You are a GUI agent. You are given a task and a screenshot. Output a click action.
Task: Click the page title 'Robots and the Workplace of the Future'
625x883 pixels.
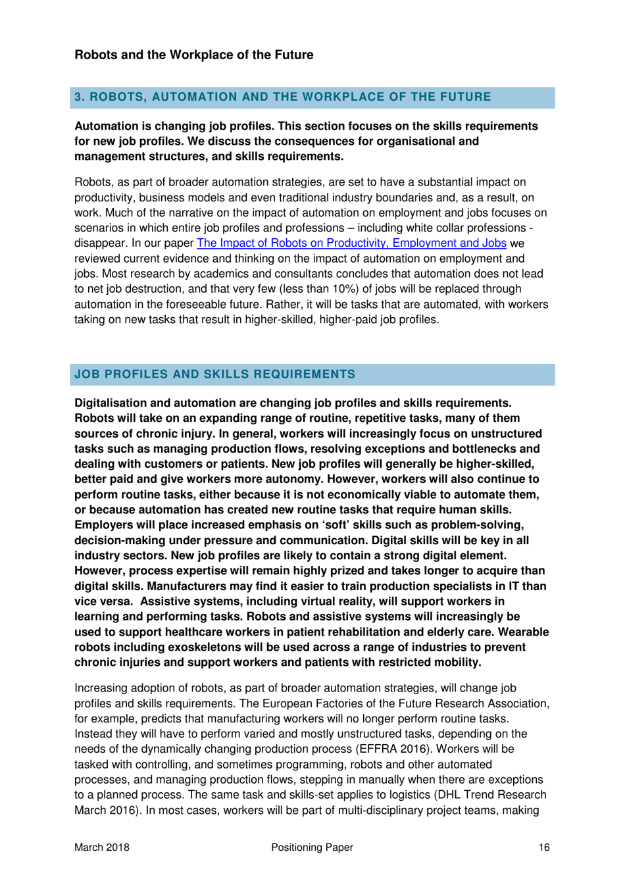pos(193,55)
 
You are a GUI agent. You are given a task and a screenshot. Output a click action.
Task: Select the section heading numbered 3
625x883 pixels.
pos(282,97)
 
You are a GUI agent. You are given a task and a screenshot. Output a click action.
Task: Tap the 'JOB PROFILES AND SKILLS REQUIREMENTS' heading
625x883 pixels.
pos(214,374)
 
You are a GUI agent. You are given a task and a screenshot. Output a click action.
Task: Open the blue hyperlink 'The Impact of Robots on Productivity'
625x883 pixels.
pos(351,243)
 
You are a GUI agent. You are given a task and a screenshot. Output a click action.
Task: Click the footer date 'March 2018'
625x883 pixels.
pos(102,847)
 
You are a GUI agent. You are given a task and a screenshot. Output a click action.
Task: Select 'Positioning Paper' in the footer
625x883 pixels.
pos(312,847)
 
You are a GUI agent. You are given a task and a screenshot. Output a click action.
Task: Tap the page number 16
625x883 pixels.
pos(543,847)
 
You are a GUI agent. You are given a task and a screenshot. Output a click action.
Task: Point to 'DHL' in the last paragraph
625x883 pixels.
pos(457,795)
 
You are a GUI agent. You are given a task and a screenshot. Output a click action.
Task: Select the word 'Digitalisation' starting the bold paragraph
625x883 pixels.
pos(116,403)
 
